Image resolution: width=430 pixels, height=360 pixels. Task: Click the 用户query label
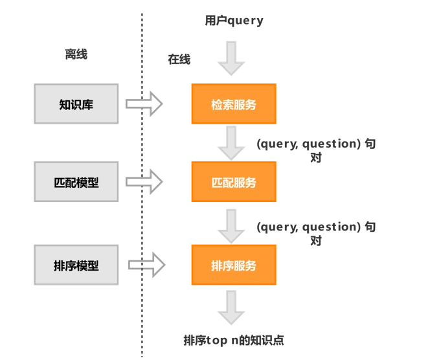tap(234, 21)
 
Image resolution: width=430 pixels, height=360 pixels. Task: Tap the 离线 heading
tap(76, 54)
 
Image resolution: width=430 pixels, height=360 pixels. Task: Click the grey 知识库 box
tap(76, 104)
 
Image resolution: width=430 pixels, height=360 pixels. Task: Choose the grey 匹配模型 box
tap(76, 182)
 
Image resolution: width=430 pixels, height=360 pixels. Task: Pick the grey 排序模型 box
tap(76, 265)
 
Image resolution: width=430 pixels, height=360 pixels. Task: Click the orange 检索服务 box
tap(233, 104)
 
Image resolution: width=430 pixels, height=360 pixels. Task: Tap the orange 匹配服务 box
tap(233, 182)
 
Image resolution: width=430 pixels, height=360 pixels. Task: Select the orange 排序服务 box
tap(233, 265)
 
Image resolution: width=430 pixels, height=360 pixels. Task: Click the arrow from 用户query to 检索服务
tap(231, 58)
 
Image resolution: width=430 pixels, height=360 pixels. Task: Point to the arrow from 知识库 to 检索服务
tap(144, 104)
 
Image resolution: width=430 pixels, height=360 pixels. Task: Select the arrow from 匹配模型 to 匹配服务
tap(144, 182)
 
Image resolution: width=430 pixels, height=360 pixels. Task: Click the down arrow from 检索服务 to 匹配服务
tap(231, 142)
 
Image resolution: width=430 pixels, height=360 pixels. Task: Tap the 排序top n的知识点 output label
tap(234, 340)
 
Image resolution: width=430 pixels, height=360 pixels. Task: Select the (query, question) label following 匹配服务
tap(315, 233)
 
